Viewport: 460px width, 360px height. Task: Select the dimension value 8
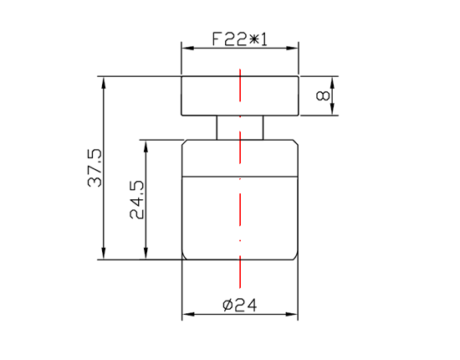click(322, 96)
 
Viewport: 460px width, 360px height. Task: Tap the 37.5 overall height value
click(94, 168)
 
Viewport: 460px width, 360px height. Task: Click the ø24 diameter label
click(239, 306)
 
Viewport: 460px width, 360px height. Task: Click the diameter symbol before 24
click(227, 306)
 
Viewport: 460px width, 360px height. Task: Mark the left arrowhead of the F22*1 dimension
click(187, 49)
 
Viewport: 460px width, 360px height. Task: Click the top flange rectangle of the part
click(209, 96)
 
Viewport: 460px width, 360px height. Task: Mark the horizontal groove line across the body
click(209, 176)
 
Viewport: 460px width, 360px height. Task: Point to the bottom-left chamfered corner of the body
click(185, 256)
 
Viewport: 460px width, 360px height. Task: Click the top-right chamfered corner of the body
click(296, 142)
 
